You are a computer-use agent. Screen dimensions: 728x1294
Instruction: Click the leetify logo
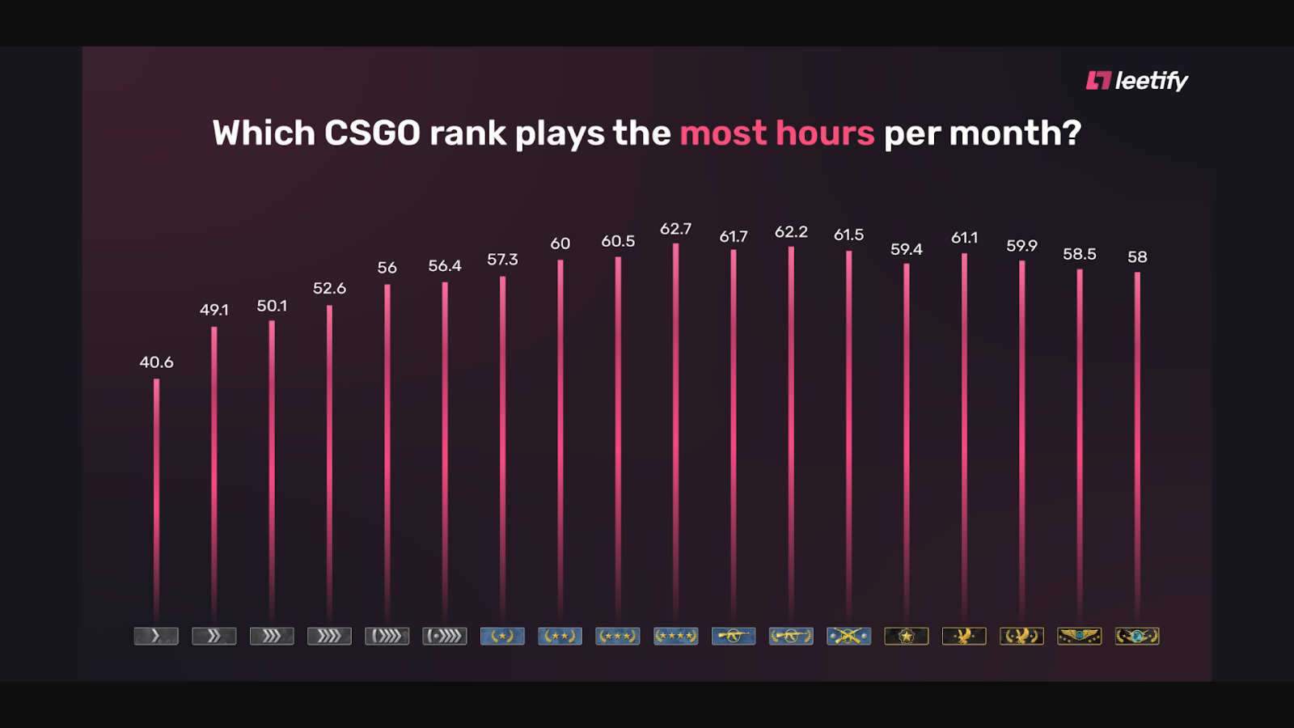[1136, 81]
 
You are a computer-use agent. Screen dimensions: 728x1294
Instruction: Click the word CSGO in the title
[372, 133]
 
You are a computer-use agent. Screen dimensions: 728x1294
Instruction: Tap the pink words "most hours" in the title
[776, 133]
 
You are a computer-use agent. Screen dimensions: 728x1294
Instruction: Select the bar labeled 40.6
[156, 493]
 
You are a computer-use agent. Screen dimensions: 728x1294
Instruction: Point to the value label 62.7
[675, 229]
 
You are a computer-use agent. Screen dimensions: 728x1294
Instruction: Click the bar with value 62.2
[791, 429]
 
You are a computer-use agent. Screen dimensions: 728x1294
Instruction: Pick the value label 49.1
[214, 310]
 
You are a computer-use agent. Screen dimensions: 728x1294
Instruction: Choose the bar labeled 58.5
[1080, 445]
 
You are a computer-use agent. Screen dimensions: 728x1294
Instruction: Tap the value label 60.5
[618, 241]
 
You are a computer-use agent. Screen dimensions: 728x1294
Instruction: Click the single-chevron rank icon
[156, 637]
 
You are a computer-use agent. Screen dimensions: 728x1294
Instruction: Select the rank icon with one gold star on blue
[502, 637]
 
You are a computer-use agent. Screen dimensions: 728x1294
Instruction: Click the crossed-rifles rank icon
[848, 637]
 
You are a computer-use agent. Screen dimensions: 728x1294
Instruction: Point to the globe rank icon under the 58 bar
[1137, 637]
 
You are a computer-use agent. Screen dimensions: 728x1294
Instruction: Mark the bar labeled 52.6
[329, 461]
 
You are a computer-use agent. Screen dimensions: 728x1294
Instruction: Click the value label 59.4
[906, 249]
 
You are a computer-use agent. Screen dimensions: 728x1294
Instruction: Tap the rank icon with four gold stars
[675, 637]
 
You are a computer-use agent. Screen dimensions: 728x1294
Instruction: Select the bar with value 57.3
[502, 445]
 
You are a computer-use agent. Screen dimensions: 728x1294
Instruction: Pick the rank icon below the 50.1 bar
[272, 637]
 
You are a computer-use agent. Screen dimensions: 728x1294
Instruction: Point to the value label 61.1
[964, 238]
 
